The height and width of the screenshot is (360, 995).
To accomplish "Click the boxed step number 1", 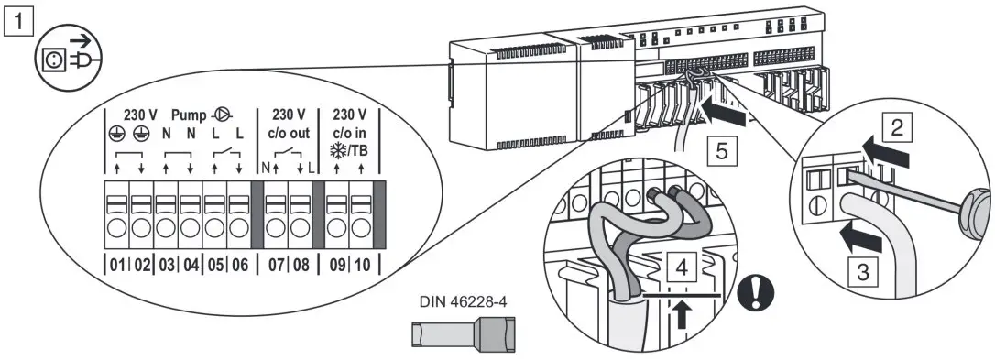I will click(x=14, y=16).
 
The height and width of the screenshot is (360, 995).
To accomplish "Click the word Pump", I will click(x=189, y=116).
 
